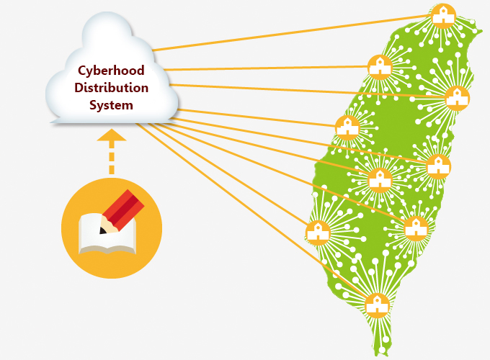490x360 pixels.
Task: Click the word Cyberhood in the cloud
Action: point(111,71)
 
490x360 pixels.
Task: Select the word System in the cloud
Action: point(111,105)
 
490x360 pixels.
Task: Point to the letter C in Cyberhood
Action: point(82,71)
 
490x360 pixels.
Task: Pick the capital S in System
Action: point(92,105)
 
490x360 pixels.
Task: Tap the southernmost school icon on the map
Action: point(376,305)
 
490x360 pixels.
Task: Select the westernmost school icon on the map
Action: point(318,232)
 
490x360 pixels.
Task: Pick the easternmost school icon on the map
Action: point(458,97)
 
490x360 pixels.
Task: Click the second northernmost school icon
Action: point(379,67)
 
